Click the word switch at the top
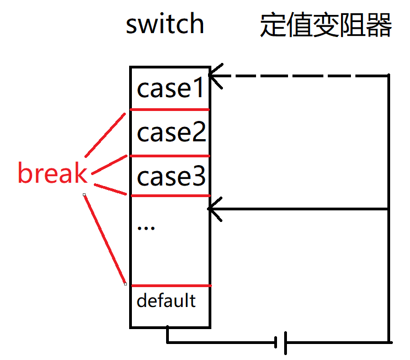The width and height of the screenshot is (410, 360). [x=164, y=24]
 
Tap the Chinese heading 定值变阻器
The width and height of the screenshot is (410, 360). [x=326, y=25]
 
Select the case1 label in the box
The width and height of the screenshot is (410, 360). [x=171, y=88]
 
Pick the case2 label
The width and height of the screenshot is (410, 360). [x=171, y=133]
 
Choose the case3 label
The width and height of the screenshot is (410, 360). [x=171, y=177]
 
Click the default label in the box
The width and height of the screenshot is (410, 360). [x=166, y=301]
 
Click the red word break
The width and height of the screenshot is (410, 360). [x=52, y=173]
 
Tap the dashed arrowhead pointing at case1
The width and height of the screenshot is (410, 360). [x=215, y=76]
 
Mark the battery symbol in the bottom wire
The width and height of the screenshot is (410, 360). [x=281, y=343]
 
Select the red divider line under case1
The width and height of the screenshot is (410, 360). [x=170, y=109]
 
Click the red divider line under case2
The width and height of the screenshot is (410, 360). [x=170, y=156]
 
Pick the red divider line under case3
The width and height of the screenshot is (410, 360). [x=170, y=195]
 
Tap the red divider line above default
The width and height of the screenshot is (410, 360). [x=170, y=285]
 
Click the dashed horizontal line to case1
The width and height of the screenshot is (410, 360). [x=303, y=75]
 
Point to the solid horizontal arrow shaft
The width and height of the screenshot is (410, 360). [x=303, y=209]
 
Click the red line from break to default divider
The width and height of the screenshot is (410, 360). [x=105, y=239]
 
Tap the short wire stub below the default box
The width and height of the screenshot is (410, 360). [x=167, y=335]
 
